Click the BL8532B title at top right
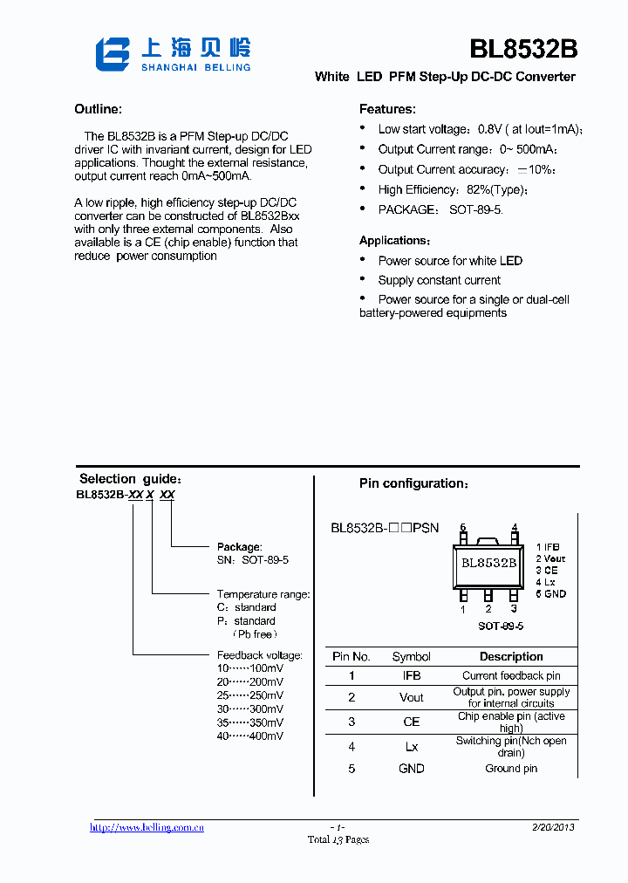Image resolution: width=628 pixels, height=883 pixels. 522,50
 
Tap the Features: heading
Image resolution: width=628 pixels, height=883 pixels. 387,109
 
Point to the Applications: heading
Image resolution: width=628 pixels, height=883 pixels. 394,241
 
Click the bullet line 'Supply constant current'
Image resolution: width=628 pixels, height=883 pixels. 439,280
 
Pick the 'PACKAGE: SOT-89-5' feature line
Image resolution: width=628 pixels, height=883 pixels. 440,209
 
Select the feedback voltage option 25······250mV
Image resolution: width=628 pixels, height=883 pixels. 249,695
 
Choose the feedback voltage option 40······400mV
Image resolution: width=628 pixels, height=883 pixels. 249,736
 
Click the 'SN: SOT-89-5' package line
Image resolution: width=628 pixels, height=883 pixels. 252,560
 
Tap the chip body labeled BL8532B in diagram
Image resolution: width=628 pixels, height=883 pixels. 488,563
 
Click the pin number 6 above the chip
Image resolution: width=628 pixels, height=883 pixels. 463,527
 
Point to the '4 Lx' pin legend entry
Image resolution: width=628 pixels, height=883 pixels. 546,582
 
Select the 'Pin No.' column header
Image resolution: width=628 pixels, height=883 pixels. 352,657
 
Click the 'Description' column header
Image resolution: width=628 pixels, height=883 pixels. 511,657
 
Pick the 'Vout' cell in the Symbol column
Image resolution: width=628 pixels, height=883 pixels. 411,697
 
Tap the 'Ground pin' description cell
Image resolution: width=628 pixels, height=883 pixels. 511,769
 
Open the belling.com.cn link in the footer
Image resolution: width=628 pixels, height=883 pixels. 147,827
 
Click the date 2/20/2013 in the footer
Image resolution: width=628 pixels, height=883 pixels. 553,827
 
